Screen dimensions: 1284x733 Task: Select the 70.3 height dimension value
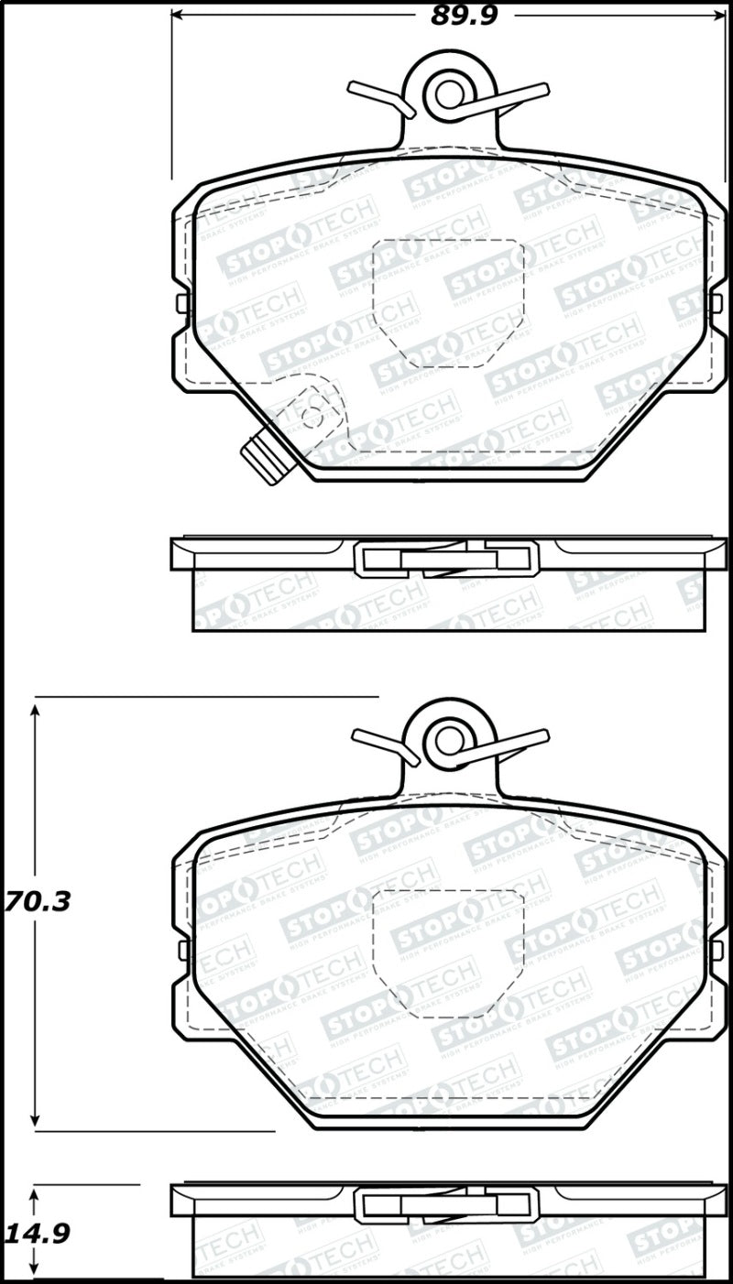37,902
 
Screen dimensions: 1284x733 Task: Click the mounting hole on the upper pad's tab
449,92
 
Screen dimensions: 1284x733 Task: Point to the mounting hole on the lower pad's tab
449,740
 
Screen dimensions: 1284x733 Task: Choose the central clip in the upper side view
446,558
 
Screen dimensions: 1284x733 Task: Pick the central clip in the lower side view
446,1203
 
